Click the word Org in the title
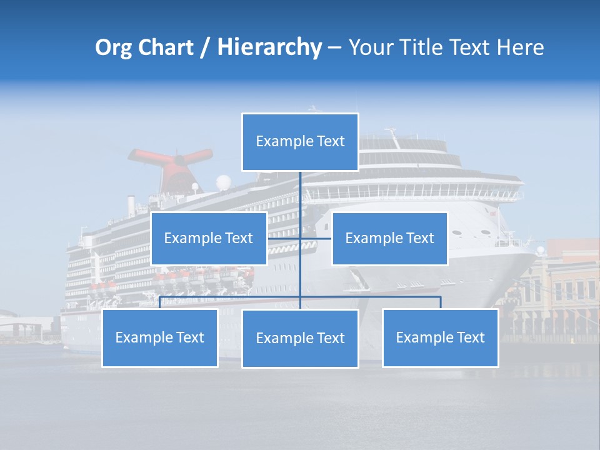click(114, 47)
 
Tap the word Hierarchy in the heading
click(269, 47)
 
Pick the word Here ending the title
click(520, 47)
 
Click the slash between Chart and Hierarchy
click(204, 48)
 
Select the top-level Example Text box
click(300, 142)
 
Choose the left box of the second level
click(208, 238)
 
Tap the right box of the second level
click(389, 238)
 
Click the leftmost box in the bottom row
click(159, 337)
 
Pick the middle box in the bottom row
click(300, 338)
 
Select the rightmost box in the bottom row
click(440, 337)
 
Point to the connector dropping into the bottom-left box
click(160, 302)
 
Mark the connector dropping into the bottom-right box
click(441, 302)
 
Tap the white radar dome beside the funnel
click(223, 182)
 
